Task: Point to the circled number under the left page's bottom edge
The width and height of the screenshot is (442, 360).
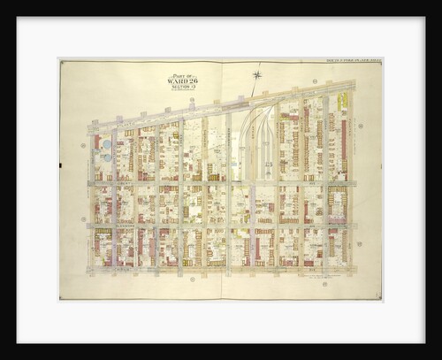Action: (192, 280)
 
